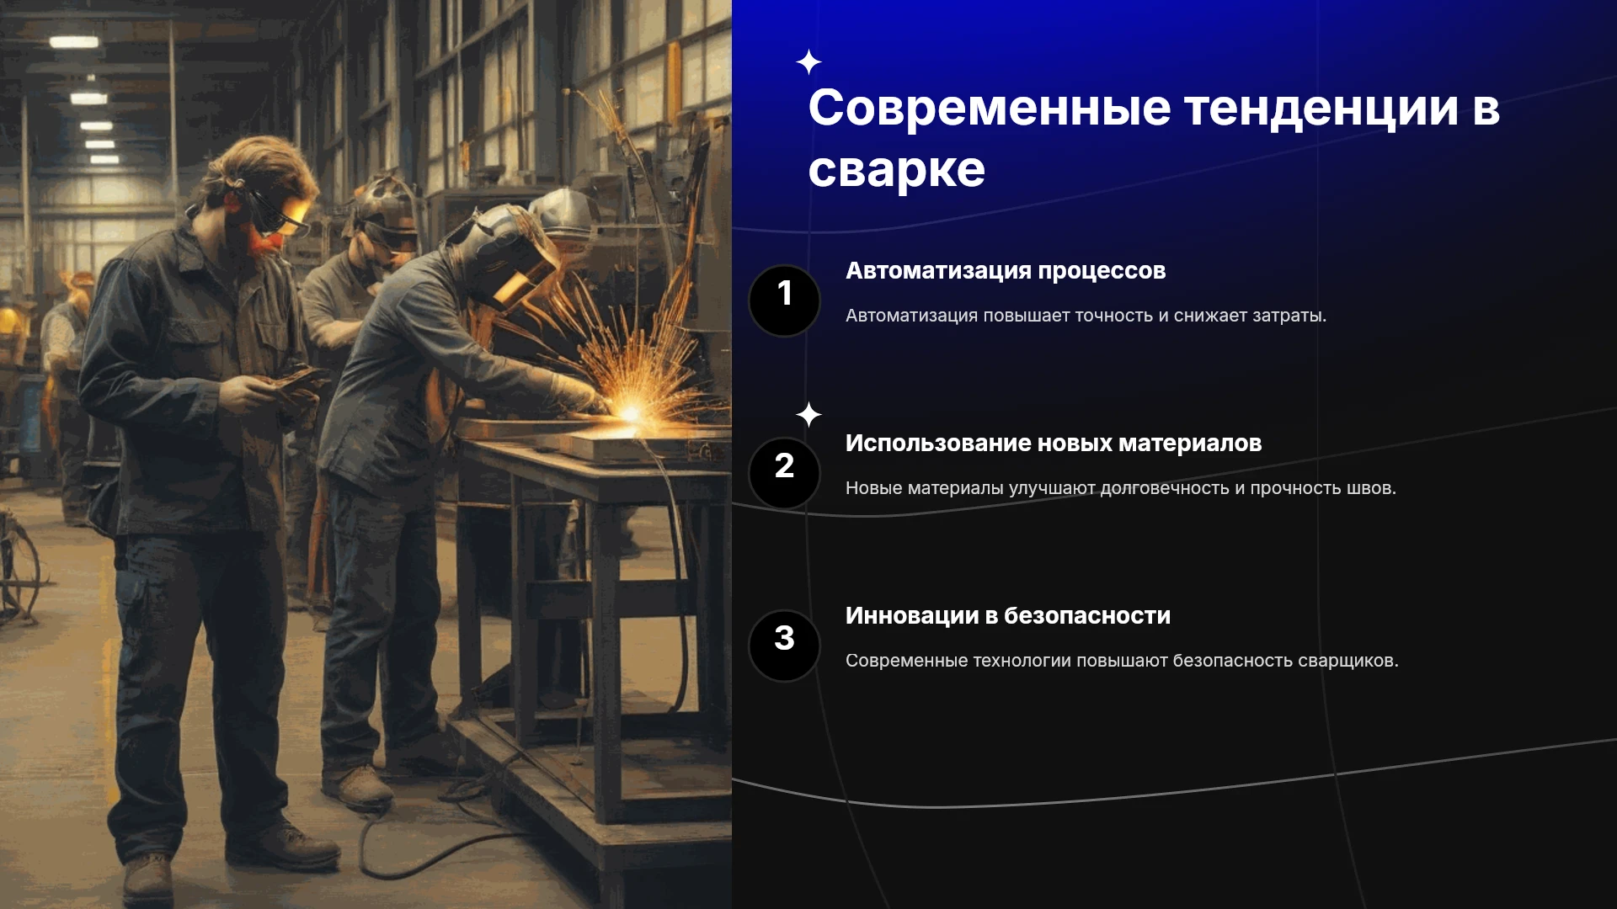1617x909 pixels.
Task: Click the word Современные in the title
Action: click(990, 109)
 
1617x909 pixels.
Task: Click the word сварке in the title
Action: click(896, 171)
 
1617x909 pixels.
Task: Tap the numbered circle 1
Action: click(784, 300)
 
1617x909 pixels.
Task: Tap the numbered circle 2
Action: click(784, 473)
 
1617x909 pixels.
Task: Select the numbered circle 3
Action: click(784, 646)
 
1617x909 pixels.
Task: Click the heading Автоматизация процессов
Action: click(1006, 271)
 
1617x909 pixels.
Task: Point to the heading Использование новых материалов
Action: click(1054, 444)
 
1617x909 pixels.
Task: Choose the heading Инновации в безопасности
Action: click(1008, 616)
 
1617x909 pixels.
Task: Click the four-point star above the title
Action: click(808, 62)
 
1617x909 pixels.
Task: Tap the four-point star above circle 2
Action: click(808, 414)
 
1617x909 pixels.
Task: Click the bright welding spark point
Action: click(630, 412)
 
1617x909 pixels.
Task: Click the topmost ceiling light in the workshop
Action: click(74, 42)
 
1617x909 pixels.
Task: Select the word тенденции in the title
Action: click(1321, 110)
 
